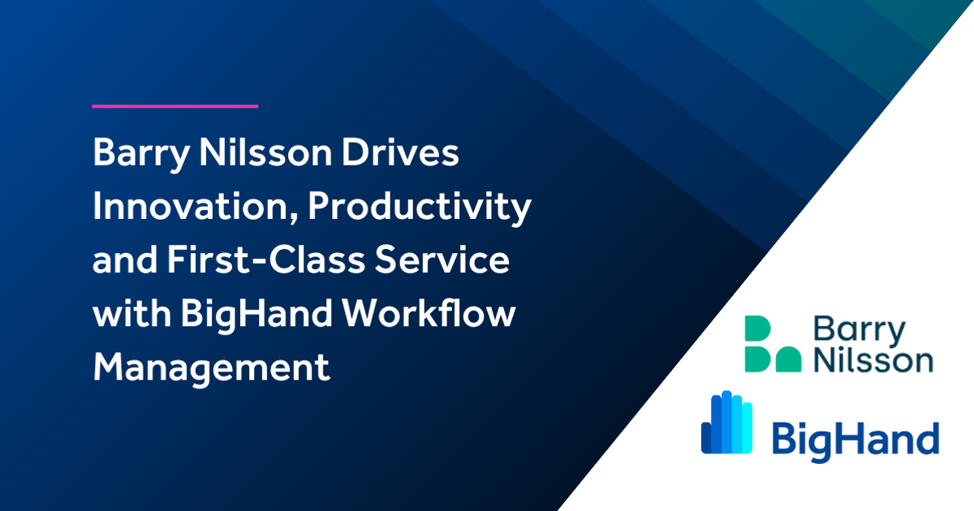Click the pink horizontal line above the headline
click(175, 105)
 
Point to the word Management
click(211, 369)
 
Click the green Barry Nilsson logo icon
click(772, 345)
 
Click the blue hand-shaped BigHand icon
click(726, 423)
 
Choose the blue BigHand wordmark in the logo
click(854, 439)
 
